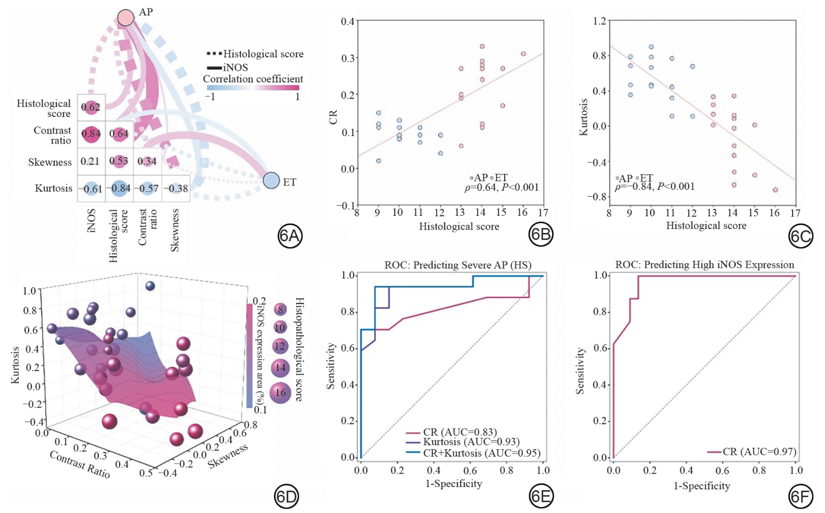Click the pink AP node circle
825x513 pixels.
[126, 18]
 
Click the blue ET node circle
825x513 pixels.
[271, 180]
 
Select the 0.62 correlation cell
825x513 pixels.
[91, 107]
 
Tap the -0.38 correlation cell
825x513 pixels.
[176, 188]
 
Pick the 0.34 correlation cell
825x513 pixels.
[147, 161]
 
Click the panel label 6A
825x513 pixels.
[290, 236]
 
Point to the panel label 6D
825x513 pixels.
[286, 497]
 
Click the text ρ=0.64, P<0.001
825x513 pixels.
[502, 187]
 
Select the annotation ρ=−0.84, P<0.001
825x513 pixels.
[655, 186]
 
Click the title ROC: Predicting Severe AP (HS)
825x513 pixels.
[457, 265]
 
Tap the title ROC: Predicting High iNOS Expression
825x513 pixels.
[704, 265]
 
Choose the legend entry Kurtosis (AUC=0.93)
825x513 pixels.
[471, 442]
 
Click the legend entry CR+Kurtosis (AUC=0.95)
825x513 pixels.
[481, 453]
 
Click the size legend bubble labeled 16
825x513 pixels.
[280, 393]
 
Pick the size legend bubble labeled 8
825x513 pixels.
[280, 309]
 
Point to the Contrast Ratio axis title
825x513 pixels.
[80, 464]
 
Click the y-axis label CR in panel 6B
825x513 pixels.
[334, 117]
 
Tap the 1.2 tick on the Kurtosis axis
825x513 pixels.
[599, 21]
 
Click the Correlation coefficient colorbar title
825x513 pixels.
[253, 79]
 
